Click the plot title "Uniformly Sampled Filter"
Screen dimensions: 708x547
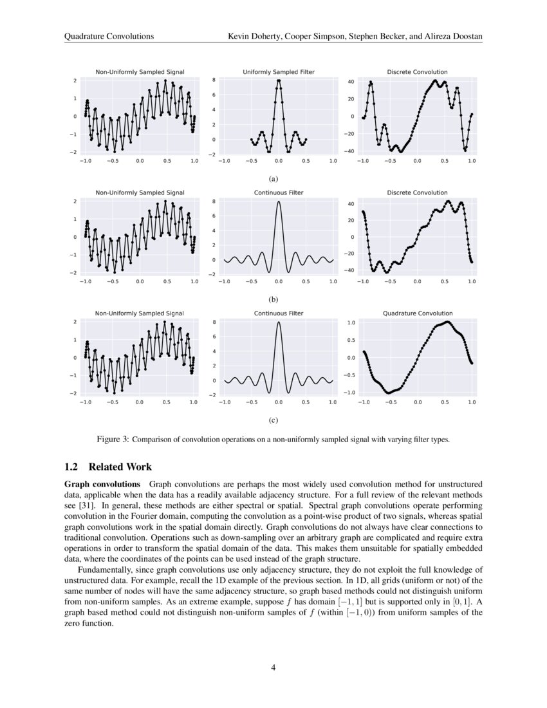coord(279,72)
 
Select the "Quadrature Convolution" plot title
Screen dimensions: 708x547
coord(418,313)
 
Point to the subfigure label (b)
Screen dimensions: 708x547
coord(273,300)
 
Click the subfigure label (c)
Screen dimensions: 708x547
coord(273,420)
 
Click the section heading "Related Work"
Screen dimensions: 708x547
coord(120,467)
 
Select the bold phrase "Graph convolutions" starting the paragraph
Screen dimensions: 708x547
coord(102,483)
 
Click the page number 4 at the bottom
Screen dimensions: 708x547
coord(273,667)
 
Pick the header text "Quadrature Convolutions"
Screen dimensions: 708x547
coord(109,37)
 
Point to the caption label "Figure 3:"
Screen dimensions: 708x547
coord(113,440)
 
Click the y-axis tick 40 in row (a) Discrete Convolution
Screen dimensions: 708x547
coord(351,82)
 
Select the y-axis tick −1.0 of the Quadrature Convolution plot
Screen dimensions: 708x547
coord(350,393)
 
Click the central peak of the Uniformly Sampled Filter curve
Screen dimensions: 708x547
coord(279,80)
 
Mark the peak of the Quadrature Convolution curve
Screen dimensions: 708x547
coord(447,322)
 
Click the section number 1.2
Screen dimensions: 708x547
coord(71,467)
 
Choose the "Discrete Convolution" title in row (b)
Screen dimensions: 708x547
coord(418,192)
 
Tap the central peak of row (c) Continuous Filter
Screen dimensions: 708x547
coord(278,322)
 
